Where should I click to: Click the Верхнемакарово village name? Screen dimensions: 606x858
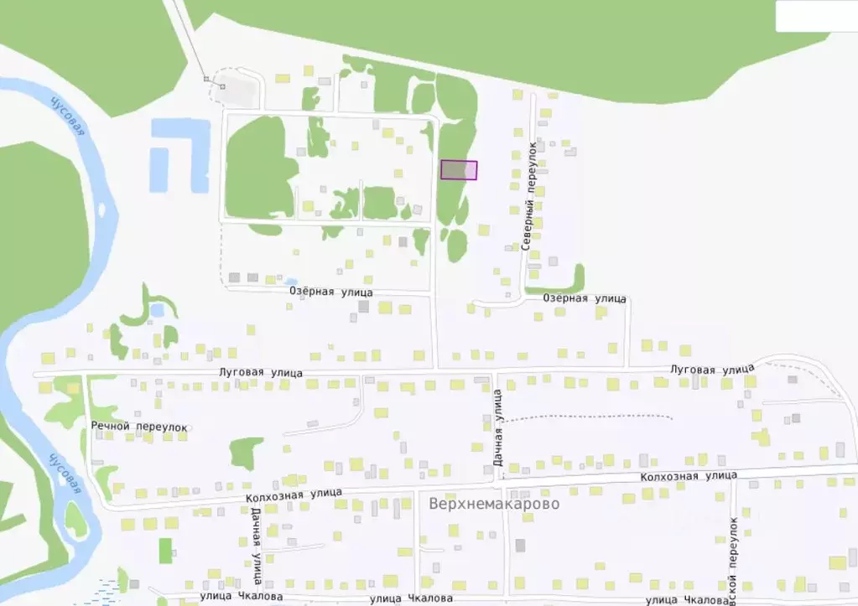(493, 505)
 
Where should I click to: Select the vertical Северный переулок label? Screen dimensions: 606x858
(530, 196)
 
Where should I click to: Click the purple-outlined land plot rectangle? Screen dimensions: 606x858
(459, 169)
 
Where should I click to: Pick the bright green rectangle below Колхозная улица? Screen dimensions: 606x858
(166, 551)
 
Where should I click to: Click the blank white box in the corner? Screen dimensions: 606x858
(815, 16)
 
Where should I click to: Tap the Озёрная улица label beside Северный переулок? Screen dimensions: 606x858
(585, 298)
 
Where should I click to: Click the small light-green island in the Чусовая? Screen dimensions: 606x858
(75, 521)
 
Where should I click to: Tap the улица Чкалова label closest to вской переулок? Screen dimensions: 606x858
(685, 599)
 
